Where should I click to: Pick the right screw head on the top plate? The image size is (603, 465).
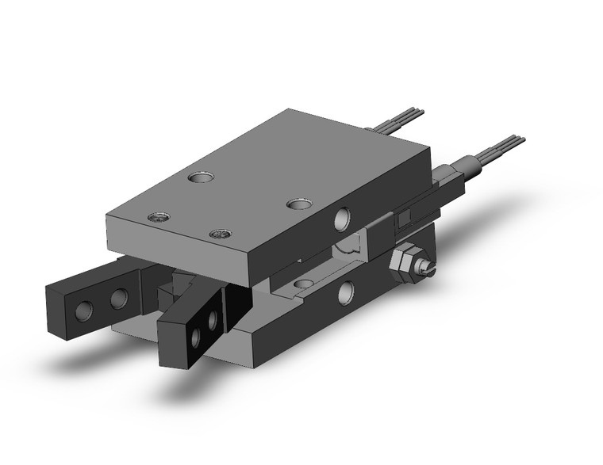coord(220,234)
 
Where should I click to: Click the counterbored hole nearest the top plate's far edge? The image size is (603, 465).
coord(199,177)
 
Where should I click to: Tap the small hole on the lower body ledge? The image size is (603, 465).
coord(305,283)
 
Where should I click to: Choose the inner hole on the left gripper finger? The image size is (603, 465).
coord(119,298)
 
